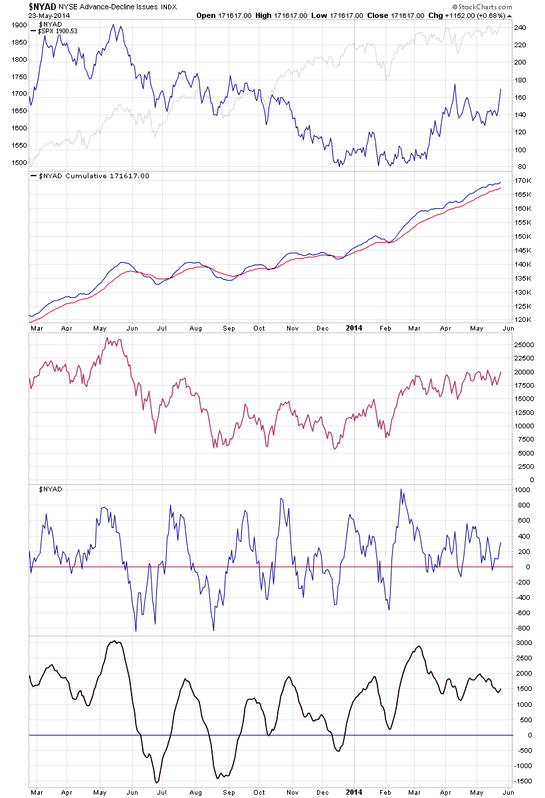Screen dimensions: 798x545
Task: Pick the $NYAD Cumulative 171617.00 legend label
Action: [x=90, y=176]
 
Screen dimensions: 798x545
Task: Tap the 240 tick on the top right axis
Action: [x=520, y=28]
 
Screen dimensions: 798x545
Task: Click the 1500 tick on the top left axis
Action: [x=19, y=163]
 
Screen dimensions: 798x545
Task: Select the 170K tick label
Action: [x=522, y=181]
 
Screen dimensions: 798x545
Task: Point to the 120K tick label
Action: [x=522, y=320]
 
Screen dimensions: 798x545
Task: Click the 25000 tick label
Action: [x=524, y=344]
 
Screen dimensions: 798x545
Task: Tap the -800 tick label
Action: [x=521, y=628]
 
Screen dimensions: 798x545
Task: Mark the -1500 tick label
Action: [x=524, y=783]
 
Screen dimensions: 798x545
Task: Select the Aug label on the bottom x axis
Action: [x=195, y=793]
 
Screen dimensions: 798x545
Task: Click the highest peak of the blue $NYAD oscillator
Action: [x=401, y=489]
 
